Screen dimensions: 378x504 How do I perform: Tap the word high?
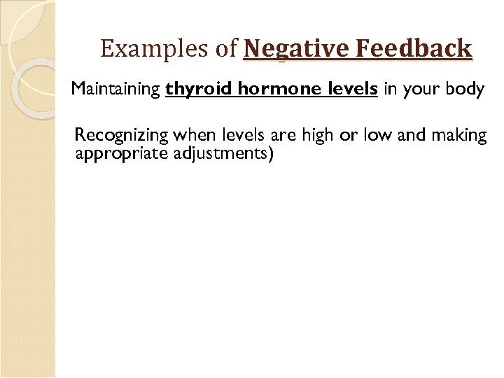click(x=318, y=136)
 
